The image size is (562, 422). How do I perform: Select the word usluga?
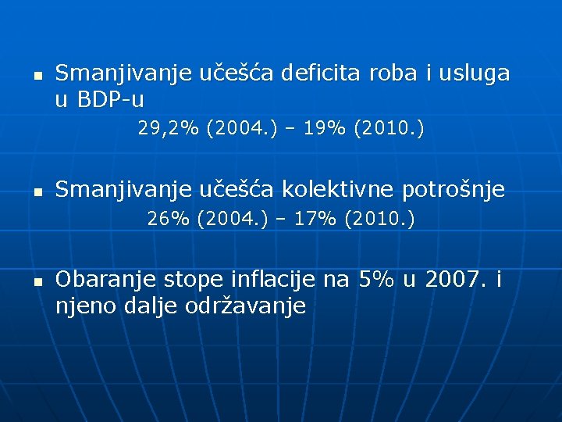pyautogui.click(x=475, y=74)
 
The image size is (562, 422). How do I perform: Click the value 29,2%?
pyautogui.click(x=169, y=128)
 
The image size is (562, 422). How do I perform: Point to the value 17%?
pyautogui.click(x=317, y=220)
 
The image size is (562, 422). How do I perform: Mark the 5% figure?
pyautogui.click(x=377, y=279)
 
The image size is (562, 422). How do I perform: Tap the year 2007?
pyautogui.click(x=455, y=279)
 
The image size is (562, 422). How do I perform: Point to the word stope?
pyautogui.click(x=191, y=279)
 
